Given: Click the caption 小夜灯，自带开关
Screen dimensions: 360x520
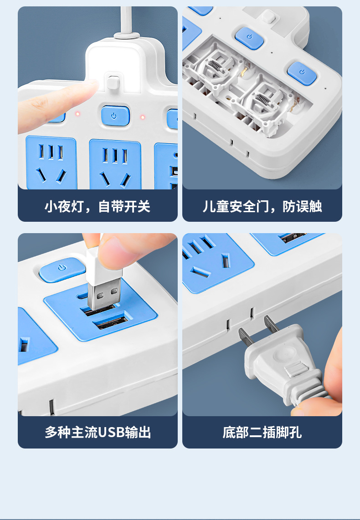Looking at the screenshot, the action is coord(98,207).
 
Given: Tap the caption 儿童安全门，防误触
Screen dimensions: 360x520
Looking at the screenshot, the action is coord(262,207).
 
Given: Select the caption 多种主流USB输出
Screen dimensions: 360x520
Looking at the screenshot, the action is coord(98,433).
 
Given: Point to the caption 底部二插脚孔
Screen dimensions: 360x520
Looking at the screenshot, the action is coord(262,433).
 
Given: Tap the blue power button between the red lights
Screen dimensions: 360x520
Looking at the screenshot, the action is coord(115,116).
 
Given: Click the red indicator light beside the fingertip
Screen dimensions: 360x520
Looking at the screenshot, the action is coord(77,114).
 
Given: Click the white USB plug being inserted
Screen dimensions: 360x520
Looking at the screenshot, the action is coord(103,279).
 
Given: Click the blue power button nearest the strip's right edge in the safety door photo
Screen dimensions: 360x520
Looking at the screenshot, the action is coord(302,73).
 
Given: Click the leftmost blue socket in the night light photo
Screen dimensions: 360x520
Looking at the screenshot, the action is coord(51,163).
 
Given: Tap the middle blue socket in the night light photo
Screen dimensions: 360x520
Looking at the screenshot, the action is coord(115,164).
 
